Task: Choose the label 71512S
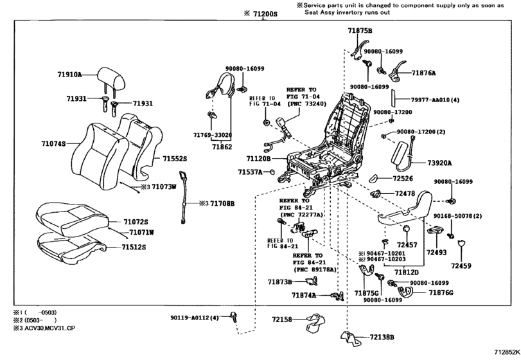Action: [x=134, y=246]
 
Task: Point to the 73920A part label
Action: [x=439, y=163]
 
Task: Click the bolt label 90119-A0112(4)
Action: [x=195, y=318]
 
